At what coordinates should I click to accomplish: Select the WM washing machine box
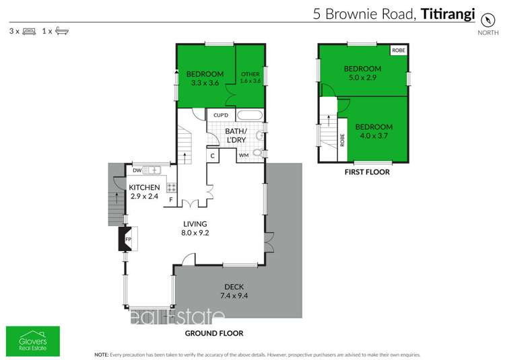243,156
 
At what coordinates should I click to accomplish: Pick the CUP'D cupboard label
221,115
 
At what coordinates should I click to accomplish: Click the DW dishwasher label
137,170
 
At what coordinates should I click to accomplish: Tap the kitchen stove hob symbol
171,188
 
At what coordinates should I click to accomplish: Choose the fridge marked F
171,200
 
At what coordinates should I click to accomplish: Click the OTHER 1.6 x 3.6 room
249,77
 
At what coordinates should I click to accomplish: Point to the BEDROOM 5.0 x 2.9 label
362,73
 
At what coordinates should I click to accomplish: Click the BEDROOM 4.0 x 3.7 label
374,131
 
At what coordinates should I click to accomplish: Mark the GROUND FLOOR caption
214,333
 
